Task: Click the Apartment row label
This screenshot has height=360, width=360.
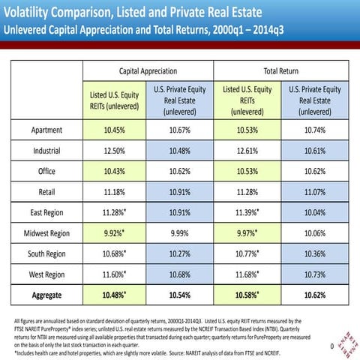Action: click(46, 129)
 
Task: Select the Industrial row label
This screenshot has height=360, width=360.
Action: click(46, 150)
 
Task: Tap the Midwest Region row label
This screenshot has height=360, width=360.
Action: click(46, 232)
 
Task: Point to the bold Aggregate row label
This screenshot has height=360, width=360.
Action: click(46, 295)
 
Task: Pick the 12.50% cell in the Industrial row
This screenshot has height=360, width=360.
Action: click(114, 150)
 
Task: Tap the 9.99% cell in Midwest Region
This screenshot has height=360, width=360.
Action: click(179, 232)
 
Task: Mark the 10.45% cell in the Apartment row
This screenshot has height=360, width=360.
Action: click(114, 129)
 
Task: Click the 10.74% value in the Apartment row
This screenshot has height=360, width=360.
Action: click(315, 129)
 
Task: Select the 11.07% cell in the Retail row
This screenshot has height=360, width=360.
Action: click(315, 191)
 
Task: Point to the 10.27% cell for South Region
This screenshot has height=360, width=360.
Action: click(179, 253)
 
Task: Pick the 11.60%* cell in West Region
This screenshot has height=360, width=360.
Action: click(115, 274)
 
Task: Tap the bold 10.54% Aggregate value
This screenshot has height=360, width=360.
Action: click(179, 295)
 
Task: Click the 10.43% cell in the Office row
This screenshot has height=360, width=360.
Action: click(114, 170)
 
